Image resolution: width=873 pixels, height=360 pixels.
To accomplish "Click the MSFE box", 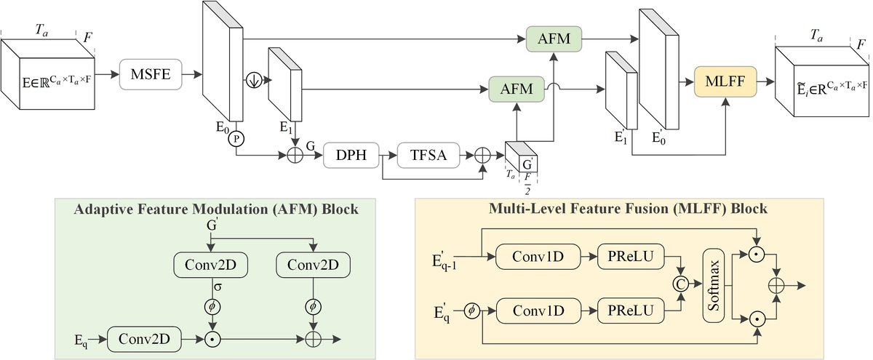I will (x=149, y=73).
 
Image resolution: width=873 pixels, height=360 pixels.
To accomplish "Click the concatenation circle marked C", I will (x=681, y=283).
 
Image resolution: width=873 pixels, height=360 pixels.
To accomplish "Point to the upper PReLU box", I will (x=627, y=256).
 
